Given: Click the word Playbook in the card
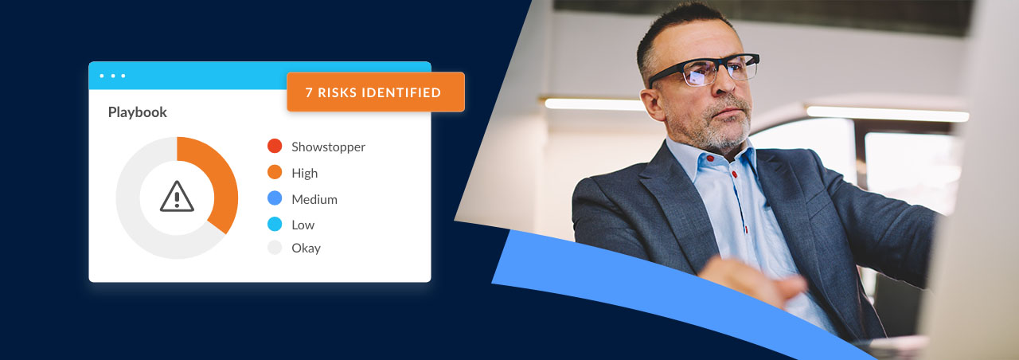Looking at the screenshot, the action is [x=138, y=112].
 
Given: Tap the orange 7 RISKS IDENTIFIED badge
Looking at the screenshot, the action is [x=376, y=92].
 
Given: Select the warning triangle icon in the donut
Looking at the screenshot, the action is [x=177, y=197].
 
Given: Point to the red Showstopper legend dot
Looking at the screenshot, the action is [x=275, y=146].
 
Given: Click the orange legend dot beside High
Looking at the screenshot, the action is [x=275, y=172].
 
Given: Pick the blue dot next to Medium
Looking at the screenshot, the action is [x=275, y=198].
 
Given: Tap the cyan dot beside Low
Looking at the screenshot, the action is [x=275, y=224].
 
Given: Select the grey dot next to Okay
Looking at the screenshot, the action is [x=275, y=248].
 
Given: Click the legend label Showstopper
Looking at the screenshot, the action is [x=329, y=147].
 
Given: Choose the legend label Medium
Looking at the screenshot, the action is [x=314, y=199].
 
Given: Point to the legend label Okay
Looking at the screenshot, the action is [x=306, y=248].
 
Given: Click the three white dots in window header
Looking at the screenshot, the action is [x=112, y=76].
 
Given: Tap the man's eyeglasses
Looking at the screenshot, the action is [x=704, y=69].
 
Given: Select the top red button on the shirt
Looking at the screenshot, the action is [x=710, y=158].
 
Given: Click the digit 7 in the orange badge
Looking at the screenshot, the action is [x=309, y=92].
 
